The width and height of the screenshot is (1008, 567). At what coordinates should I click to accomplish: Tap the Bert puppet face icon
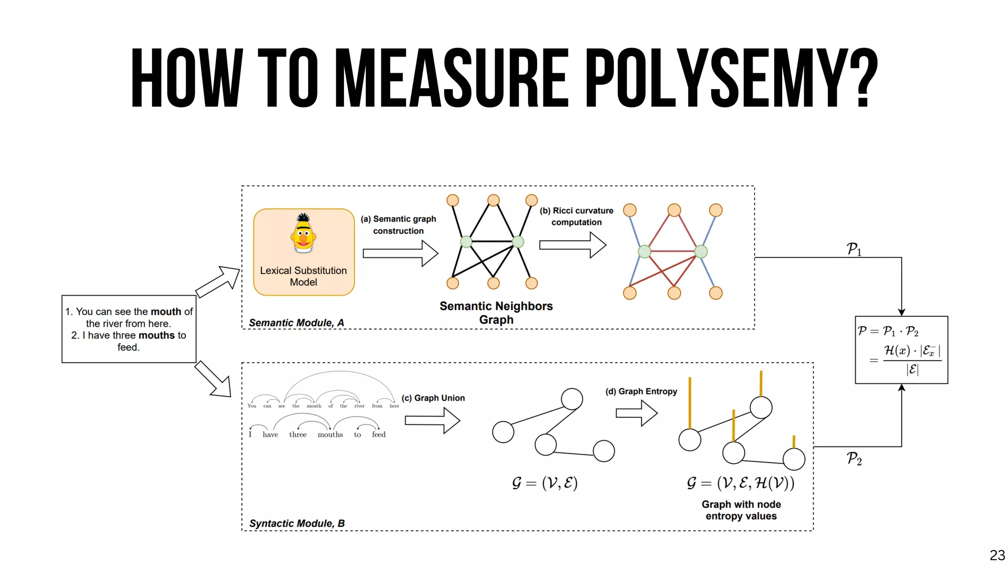pos(303,233)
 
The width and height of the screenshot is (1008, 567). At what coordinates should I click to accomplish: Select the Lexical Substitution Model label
pos(303,276)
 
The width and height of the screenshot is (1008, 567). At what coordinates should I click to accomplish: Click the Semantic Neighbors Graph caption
pos(496,313)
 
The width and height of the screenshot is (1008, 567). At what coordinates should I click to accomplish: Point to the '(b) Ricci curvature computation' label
pos(576,216)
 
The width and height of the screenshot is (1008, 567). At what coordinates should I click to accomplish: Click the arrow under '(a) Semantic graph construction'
pos(400,253)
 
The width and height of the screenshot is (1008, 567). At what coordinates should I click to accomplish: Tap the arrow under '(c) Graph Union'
pos(432,420)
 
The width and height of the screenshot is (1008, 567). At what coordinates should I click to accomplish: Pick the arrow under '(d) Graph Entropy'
pos(636,413)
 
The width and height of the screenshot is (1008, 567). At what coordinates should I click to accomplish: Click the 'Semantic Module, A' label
pos(296,322)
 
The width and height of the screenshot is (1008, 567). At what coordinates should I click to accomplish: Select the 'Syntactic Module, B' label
pos(297,523)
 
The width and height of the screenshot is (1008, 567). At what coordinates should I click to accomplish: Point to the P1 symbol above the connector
pos(854,249)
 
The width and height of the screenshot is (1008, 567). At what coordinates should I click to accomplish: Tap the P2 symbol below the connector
pos(854,459)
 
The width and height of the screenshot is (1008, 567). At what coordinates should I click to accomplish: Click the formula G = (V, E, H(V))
pos(741,483)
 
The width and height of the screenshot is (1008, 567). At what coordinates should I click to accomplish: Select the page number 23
pos(997,555)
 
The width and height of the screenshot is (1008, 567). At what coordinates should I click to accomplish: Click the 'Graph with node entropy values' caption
pos(741,510)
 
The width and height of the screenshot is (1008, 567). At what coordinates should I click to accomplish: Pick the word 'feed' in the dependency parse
pos(378,435)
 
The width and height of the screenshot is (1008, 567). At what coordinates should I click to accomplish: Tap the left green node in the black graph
pos(466,242)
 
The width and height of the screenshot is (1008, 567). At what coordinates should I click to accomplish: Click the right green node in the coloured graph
pos(701,252)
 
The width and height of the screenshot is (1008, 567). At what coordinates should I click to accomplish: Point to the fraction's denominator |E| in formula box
pos(912,369)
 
